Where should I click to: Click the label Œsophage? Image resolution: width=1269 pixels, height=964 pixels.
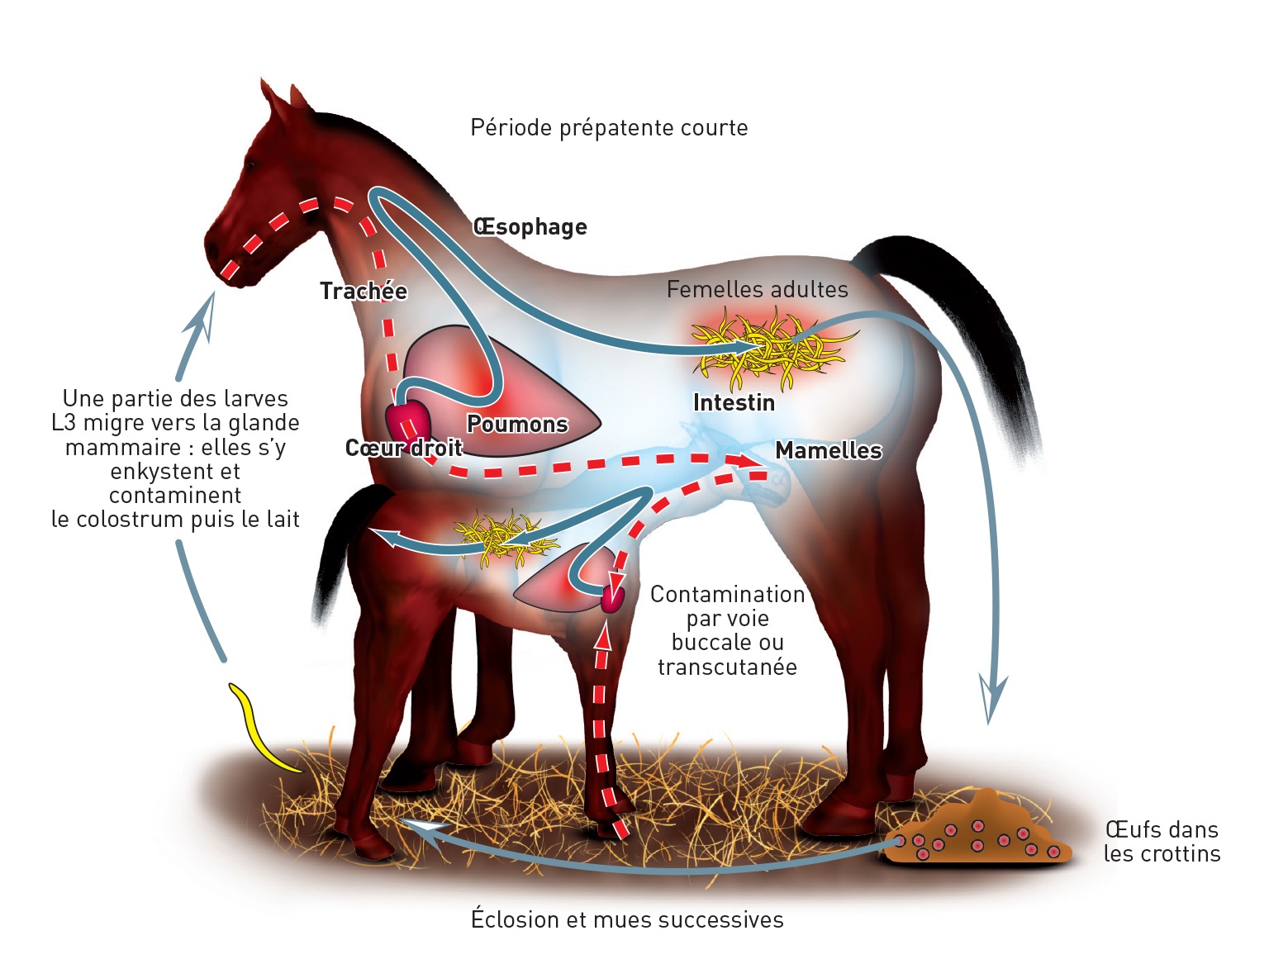[x=530, y=227]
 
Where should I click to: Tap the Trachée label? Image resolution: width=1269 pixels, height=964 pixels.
[x=364, y=292]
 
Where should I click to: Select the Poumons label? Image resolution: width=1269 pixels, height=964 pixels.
[x=517, y=424]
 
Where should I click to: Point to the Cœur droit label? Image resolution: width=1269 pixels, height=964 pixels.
[x=403, y=448]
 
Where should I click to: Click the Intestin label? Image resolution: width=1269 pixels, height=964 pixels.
[x=734, y=403]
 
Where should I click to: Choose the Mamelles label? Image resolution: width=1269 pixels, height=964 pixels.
[x=829, y=451]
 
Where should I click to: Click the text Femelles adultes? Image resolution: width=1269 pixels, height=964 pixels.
[x=757, y=290]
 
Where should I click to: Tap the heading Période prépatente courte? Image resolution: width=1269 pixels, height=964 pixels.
[x=609, y=128]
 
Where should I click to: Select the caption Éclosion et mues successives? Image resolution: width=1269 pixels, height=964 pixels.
[x=627, y=919]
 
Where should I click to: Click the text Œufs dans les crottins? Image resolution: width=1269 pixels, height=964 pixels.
[x=1162, y=842]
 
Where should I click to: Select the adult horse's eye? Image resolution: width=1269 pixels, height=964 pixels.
[x=249, y=166]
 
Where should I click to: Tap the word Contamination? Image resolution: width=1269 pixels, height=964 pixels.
[x=727, y=595]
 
